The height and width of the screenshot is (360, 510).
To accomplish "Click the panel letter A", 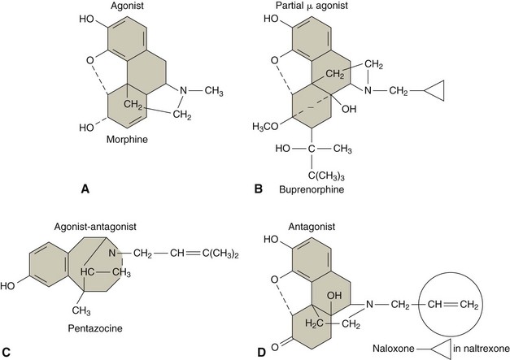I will click(x=85, y=188).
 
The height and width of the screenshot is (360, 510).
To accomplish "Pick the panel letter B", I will click(x=258, y=188).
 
